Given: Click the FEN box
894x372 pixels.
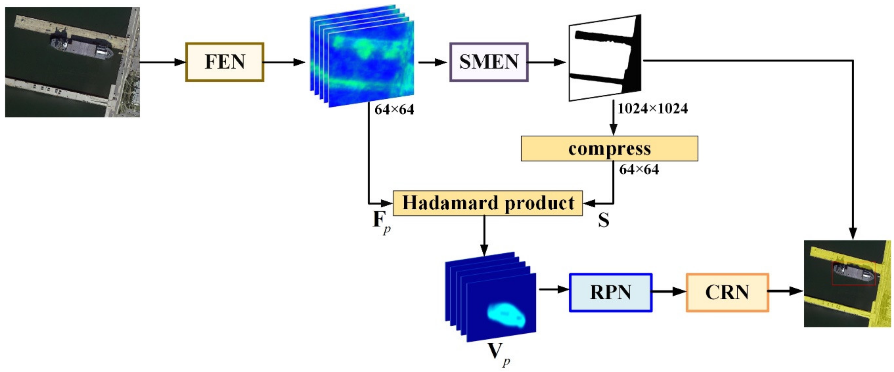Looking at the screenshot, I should pos(225,62).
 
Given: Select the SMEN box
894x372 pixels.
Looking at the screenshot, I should pos(489,62).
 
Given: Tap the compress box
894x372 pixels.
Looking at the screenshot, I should pos(609,148).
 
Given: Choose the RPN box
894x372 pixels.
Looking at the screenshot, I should pos(610,292).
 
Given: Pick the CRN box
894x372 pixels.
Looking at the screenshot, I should pos(727,292).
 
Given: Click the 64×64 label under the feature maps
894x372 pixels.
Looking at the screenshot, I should pos(394,109).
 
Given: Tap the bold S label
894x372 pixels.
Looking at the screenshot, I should pos(603,220).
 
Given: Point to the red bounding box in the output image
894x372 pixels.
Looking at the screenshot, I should pos(853,274).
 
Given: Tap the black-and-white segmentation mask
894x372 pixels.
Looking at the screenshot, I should pos(604,58).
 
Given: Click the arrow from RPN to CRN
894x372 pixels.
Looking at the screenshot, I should pos(668,291).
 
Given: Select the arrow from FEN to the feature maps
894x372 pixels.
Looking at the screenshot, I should pos(284,62).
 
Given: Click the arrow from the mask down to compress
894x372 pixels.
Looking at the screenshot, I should pos(614,118).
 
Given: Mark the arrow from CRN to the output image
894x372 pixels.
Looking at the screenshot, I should pos(786,291).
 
